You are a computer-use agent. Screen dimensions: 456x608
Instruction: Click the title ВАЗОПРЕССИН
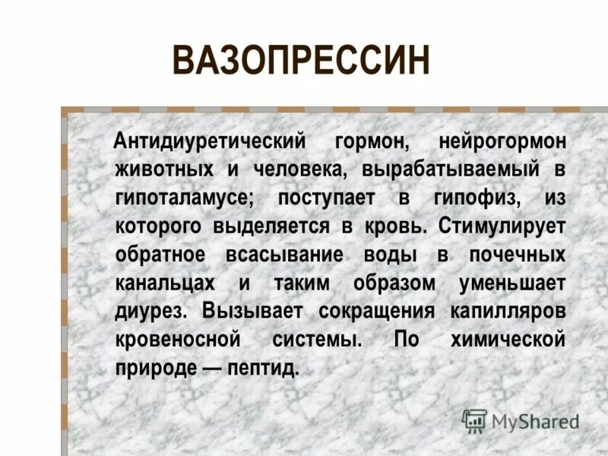(x=301, y=61)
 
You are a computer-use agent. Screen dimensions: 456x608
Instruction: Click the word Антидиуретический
(x=209, y=142)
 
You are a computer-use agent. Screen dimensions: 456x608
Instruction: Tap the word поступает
(x=326, y=198)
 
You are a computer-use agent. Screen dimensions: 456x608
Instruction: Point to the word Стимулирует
(x=502, y=226)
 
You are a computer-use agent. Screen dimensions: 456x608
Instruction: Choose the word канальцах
(x=166, y=283)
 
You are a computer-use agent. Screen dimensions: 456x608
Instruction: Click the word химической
(x=507, y=339)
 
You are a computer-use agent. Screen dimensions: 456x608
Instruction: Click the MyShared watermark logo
(x=521, y=420)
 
